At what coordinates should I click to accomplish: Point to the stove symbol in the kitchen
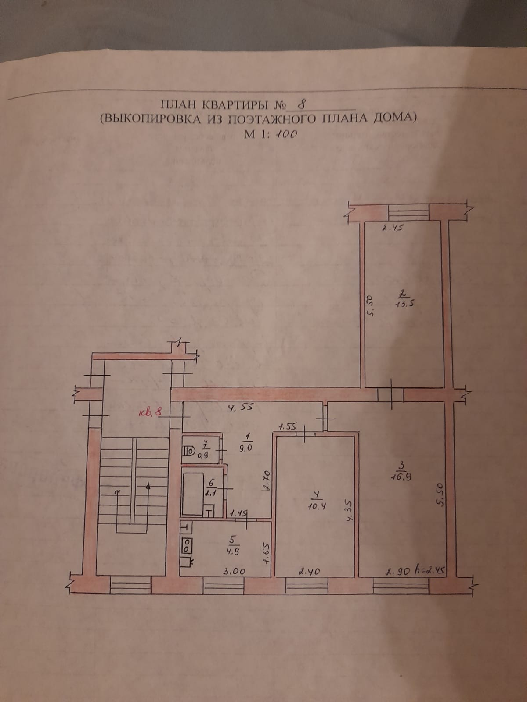tap(186, 545)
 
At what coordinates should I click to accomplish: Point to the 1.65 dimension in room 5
tap(265, 554)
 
